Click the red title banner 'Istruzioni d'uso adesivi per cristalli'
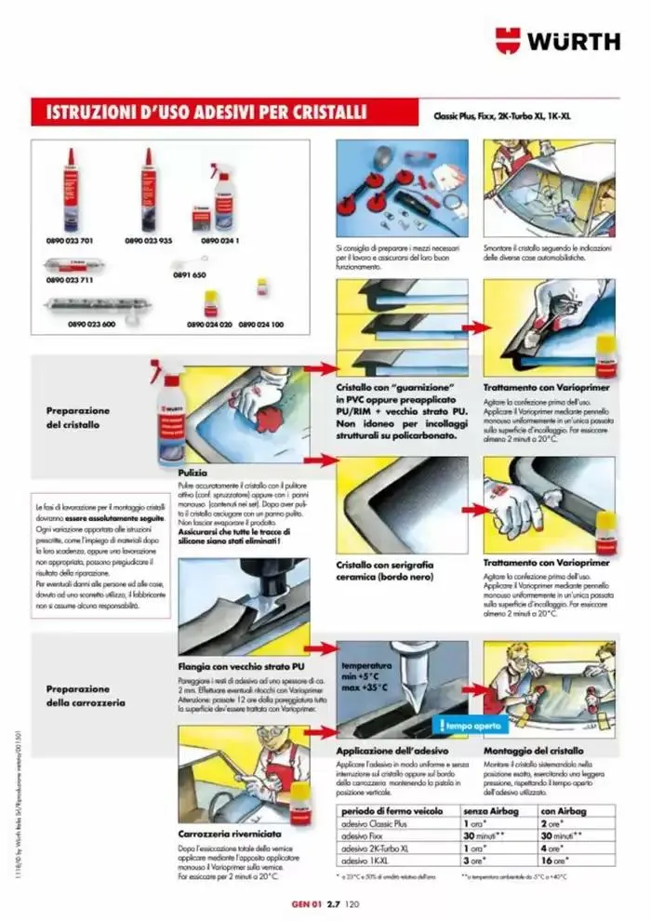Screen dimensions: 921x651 (x=198, y=113)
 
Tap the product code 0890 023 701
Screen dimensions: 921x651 (x=71, y=240)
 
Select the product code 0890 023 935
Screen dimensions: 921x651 (x=147, y=240)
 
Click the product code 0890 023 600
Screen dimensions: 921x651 (x=91, y=324)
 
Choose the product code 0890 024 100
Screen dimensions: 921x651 (x=261, y=324)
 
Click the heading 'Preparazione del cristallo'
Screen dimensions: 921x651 (x=78, y=418)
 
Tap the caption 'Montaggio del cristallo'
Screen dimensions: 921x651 (x=533, y=750)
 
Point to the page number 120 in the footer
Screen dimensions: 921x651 (x=352, y=903)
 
